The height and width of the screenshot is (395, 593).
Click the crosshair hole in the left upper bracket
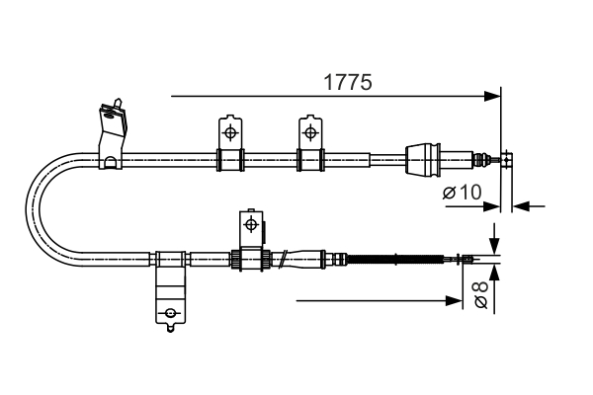[229, 131]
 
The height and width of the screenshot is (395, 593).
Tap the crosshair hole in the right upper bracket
[310, 131]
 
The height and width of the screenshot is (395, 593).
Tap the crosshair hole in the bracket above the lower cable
[250, 225]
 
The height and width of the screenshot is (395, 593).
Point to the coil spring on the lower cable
[395, 260]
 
